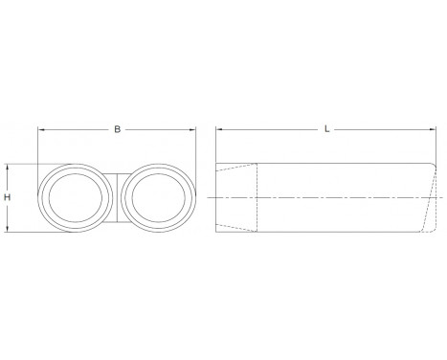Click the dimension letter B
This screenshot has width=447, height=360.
(116, 126)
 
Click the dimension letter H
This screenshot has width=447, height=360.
(8, 196)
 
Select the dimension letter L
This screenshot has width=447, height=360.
(327, 126)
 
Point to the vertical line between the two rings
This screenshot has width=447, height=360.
(115, 197)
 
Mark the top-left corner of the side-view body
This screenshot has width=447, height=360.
(216, 164)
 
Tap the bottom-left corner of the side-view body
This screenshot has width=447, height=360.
(216, 232)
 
